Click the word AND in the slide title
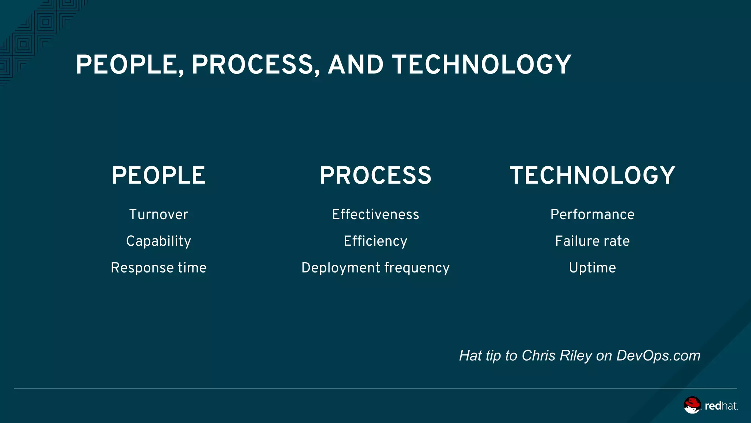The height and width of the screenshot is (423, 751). (355, 65)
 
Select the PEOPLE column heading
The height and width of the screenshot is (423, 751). (158, 175)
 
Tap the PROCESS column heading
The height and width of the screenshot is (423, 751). (375, 175)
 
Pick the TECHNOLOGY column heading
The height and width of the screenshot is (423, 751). (592, 175)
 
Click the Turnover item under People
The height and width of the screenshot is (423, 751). (158, 214)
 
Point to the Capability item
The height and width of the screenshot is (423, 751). (158, 241)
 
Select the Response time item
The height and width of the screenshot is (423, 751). (158, 268)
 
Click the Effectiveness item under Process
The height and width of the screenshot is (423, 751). (375, 214)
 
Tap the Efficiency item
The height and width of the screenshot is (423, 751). (375, 241)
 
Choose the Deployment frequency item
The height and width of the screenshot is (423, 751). (375, 268)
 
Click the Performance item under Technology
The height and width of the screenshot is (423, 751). (592, 214)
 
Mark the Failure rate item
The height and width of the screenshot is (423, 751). (592, 241)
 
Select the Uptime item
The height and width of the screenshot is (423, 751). (592, 268)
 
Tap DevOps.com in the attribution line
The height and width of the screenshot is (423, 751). (658, 355)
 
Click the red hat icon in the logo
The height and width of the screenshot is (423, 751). (692, 405)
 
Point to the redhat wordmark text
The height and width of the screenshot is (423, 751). (721, 406)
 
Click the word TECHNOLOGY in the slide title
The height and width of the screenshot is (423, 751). (481, 65)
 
